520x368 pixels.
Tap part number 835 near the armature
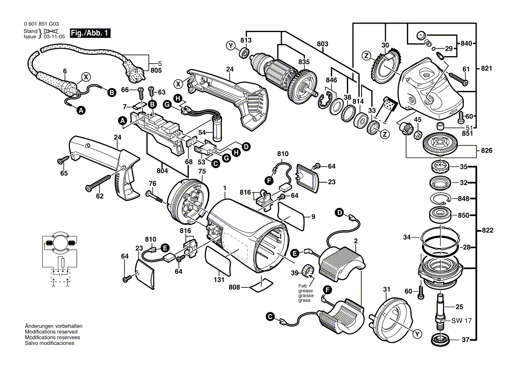(304, 61)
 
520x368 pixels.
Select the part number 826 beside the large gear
(487, 151)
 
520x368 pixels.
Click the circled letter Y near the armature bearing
(230, 45)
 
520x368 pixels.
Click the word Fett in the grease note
(303, 286)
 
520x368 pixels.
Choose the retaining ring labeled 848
(442, 198)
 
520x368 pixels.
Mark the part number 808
(234, 287)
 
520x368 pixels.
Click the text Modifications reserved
(51, 332)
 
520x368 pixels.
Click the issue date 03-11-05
(54, 37)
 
